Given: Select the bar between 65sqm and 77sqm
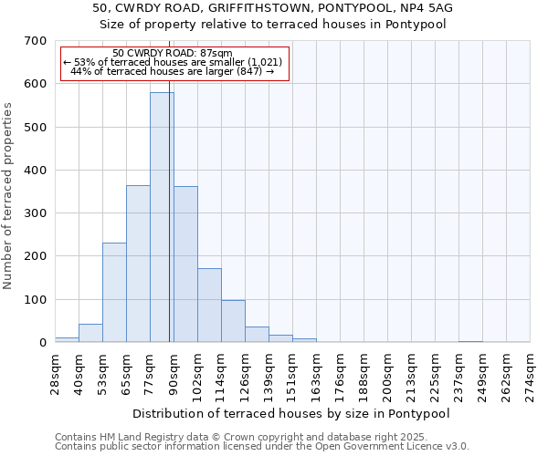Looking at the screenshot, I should coord(138,264).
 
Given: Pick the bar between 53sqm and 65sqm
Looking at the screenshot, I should coord(114,292).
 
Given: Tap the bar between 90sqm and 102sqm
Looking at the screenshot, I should coord(185,264).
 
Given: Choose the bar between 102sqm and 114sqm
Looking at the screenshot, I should coord(209,306).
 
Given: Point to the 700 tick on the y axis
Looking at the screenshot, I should coord(36,41).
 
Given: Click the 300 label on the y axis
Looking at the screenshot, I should coord(36,213).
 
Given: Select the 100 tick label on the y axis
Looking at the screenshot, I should coord(36,300).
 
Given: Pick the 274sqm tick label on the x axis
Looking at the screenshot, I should coord(531,373).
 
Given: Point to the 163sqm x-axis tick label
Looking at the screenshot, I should coord(317,373).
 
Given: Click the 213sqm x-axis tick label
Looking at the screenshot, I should coord(412,373).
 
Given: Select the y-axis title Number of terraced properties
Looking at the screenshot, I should coord(8,196).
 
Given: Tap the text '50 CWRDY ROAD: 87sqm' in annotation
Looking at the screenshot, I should coord(173,53).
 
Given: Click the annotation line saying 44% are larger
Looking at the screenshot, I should coord(173,71).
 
